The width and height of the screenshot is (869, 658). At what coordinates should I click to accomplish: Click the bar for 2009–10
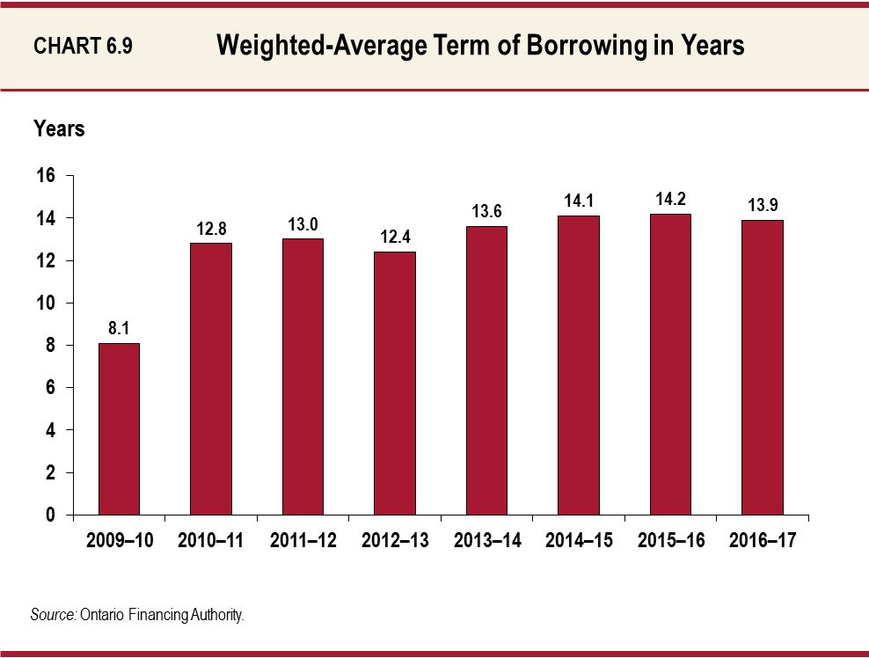[x=119, y=428]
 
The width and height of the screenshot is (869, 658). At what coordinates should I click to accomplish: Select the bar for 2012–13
[x=395, y=383]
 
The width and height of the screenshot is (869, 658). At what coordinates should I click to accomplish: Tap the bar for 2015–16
[x=670, y=364]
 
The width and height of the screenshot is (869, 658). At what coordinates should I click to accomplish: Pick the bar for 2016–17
[x=762, y=367]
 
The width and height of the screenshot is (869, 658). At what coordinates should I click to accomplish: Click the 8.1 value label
[x=119, y=327]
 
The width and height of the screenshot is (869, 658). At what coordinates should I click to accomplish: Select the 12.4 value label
[x=395, y=236]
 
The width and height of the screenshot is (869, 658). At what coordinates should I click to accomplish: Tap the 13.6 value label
[x=486, y=211]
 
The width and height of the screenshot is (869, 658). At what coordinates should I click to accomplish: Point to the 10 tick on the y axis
[x=45, y=303]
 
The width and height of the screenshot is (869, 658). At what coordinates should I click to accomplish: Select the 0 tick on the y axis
[x=50, y=515]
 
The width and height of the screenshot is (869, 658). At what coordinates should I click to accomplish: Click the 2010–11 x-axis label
[x=211, y=541]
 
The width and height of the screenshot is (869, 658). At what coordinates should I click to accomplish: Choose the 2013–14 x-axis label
[x=487, y=541]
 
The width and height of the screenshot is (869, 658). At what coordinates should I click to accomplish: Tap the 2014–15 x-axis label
[x=579, y=541]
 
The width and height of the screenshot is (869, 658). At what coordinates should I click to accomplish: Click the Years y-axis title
[x=59, y=128]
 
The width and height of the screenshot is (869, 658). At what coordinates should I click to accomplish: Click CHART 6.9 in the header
[x=83, y=47]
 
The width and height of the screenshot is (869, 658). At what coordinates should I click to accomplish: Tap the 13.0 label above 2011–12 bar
[x=303, y=223]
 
